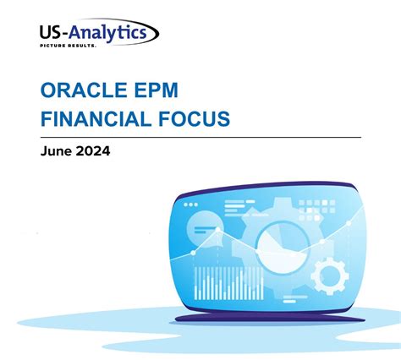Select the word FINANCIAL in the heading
94,119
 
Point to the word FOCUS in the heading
190,119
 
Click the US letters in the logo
50,32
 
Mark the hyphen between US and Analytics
63,33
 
